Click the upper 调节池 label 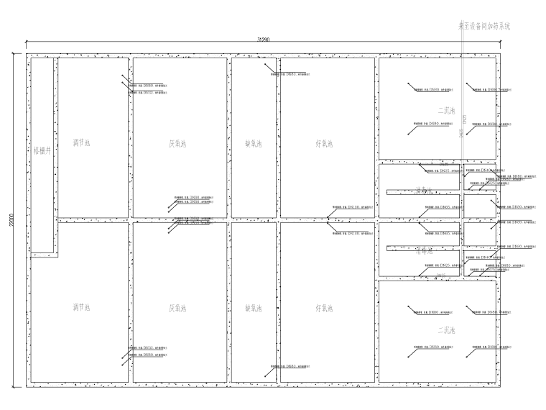(81, 143)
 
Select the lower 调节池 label (81, 308)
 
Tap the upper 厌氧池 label (178, 144)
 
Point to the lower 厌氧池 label (178, 308)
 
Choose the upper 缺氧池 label (254, 144)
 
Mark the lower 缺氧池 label (254, 308)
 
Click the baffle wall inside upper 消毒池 (422, 192)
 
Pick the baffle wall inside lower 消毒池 (422, 248)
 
